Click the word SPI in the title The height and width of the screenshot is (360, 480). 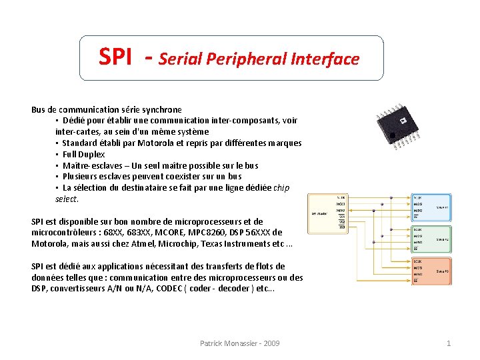[x=115, y=57]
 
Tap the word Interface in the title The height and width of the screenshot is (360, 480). [x=325, y=59]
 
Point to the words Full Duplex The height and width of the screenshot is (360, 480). [x=83, y=154]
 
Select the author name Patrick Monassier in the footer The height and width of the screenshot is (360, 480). [x=227, y=343]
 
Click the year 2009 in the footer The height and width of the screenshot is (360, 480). [x=271, y=343]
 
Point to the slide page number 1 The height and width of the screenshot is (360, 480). [x=448, y=343]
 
